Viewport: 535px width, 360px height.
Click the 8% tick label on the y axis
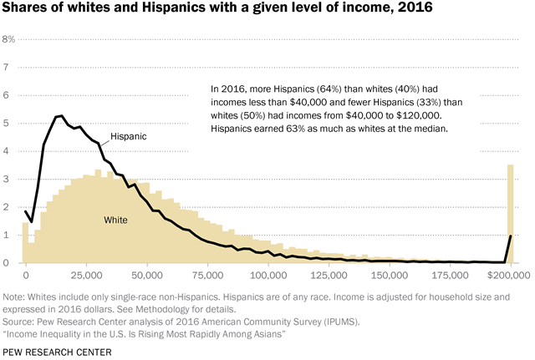point(9,39)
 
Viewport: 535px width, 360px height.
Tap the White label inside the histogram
point(115,220)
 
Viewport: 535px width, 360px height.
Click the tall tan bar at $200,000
point(510,214)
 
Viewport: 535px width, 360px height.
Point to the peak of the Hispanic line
point(60,116)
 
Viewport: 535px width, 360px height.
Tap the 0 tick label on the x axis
point(26,274)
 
